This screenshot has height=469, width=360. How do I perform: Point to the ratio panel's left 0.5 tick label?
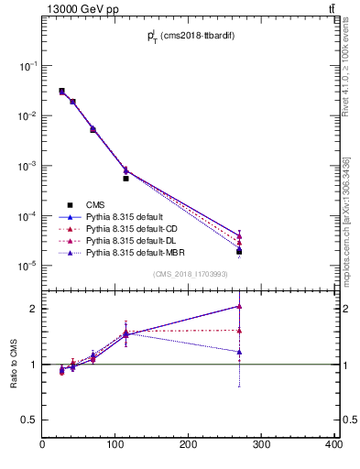[x=30, y=420]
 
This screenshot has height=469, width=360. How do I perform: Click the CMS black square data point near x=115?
[x=125, y=179]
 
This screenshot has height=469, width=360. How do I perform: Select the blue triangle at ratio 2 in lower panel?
[x=239, y=306]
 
